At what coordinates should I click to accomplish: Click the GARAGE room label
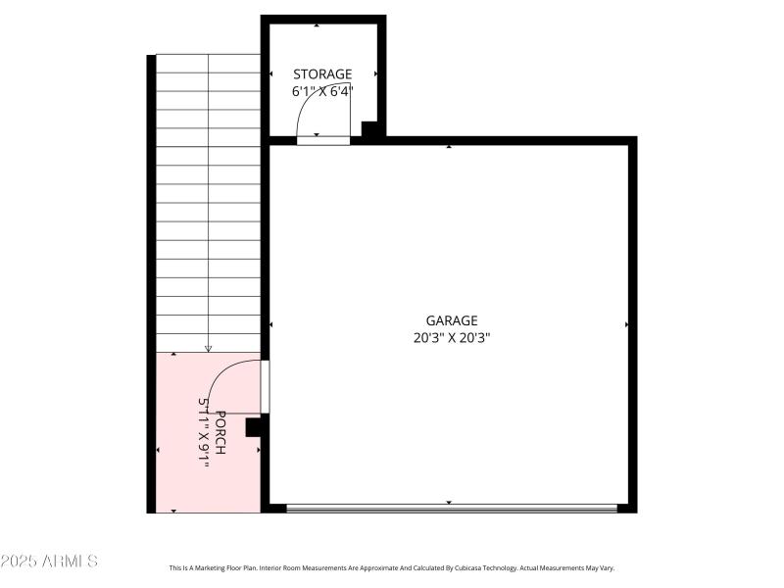pyautogui.click(x=451, y=320)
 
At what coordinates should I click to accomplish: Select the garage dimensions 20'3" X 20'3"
pyautogui.click(x=451, y=338)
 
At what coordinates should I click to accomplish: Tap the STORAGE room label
pyautogui.click(x=322, y=74)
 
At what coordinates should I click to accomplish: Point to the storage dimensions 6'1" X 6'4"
pyautogui.click(x=322, y=91)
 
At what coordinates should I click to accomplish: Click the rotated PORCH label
pyautogui.click(x=221, y=432)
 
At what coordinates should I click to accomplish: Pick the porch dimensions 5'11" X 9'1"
pyautogui.click(x=205, y=432)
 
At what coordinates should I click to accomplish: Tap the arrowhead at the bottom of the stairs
pyautogui.click(x=208, y=348)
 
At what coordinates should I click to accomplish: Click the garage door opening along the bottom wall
pyautogui.click(x=451, y=508)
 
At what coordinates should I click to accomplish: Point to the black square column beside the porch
pyautogui.click(x=253, y=426)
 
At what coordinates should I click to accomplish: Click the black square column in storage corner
pyautogui.click(x=369, y=128)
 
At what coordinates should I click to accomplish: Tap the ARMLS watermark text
pyautogui.click(x=49, y=562)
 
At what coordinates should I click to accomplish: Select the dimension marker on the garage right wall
pyautogui.click(x=626, y=324)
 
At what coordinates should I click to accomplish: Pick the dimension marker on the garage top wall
pyautogui.click(x=449, y=147)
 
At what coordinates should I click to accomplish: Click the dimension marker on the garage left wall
pyautogui.click(x=271, y=324)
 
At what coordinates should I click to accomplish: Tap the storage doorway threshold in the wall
pyautogui.click(x=323, y=140)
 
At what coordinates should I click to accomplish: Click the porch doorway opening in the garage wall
pyautogui.click(x=265, y=386)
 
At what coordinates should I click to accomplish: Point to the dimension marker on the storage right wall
pyautogui.click(x=375, y=74)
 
